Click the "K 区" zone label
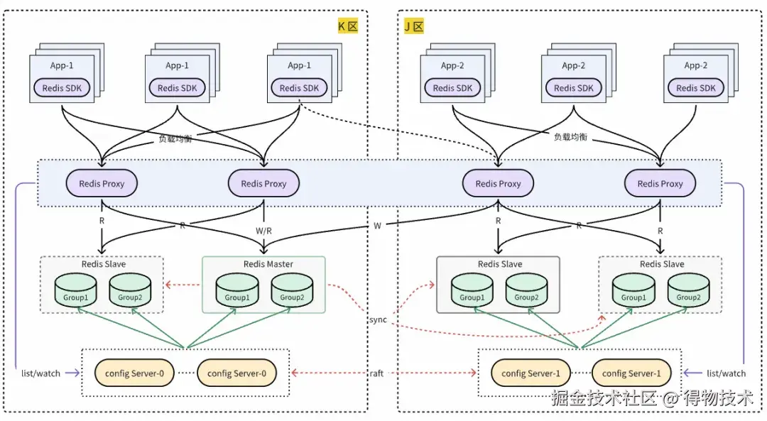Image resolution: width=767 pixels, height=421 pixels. point(347,27)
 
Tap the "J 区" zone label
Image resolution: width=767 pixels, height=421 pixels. point(413,27)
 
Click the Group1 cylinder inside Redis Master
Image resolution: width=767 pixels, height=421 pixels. point(236,290)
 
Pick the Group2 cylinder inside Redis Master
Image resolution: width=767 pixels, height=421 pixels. point(291,290)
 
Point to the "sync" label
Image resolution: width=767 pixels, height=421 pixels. point(378,319)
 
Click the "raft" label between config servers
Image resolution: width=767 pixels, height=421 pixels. point(376,373)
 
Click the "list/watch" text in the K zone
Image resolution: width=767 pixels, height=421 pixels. point(40,373)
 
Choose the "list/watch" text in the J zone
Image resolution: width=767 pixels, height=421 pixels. point(726,373)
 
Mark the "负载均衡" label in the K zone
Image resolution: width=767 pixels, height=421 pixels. point(175,140)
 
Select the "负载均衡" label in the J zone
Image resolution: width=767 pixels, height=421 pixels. point(570,136)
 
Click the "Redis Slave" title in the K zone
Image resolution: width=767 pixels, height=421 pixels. point(102,264)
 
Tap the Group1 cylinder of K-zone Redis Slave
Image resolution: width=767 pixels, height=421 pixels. point(75,290)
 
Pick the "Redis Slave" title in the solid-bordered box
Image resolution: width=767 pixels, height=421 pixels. point(499,264)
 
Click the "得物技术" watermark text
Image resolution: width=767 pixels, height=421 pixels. point(718,398)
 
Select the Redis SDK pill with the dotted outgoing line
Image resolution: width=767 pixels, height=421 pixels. point(300,88)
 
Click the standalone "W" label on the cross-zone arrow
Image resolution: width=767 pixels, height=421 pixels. point(378,226)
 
